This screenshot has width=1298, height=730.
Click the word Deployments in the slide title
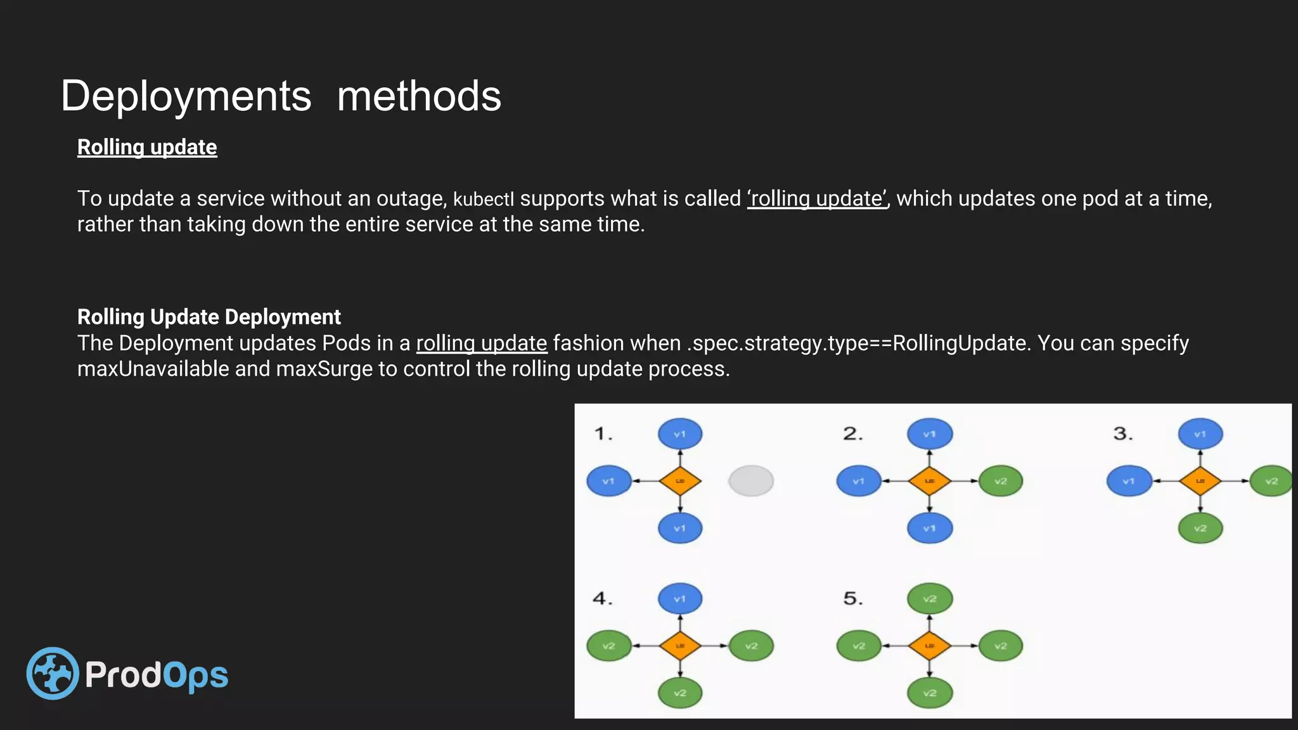tap(186, 96)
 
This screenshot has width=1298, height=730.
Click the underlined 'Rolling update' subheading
tap(147, 147)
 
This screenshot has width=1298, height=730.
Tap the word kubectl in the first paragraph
tap(483, 199)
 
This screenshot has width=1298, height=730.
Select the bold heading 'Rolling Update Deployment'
tap(209, 317)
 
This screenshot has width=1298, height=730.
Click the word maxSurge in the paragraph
tap(324, 369)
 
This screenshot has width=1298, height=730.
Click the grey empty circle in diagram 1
tap(751, 481)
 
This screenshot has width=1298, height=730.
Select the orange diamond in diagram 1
tap(680, 481)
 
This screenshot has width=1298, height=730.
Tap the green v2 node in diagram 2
tap(1001, 481)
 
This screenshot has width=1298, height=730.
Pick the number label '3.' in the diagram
tap(1123, 434)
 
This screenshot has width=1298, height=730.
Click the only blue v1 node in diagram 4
tap(680, 599)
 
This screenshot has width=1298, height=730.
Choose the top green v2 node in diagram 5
tap(930, 599)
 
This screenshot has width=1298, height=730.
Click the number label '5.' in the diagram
tap(853, 599)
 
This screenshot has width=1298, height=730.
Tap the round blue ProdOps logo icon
tap(53, 673)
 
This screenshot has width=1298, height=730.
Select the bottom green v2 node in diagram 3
tap(1200, 528)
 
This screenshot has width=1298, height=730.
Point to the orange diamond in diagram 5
tap(930, 646)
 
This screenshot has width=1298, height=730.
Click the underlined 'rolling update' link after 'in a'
tap(481, 343)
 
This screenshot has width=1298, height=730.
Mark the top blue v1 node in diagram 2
tap(930, 434)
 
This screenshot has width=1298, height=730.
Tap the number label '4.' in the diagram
tap(603, 599)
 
